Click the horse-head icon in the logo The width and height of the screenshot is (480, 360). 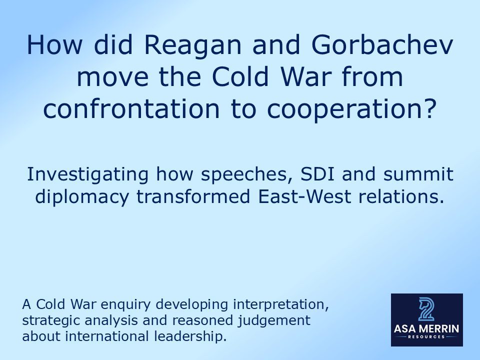pyautogui.click(x=426, y=309)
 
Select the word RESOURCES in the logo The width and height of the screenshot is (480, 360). pyautogui.click(x=426, y=337)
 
